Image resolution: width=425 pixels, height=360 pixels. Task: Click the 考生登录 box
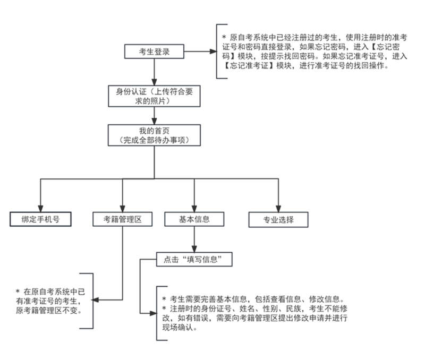tap(154, 52)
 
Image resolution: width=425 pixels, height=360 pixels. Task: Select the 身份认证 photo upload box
tap(154, 96)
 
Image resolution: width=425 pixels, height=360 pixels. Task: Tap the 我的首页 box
tap(154, 135)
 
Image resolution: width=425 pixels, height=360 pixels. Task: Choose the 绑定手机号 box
tap(41, 219)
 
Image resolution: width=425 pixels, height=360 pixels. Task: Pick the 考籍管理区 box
tap(123, 219)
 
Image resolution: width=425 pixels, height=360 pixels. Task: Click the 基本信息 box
tap(194, 219)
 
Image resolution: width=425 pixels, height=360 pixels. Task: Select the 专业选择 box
tap(278, 220)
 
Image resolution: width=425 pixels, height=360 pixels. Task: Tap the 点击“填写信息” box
tap(194, 260)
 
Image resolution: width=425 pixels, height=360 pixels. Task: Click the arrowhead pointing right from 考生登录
tap(214, 52)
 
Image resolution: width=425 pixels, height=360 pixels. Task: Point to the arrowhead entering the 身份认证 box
tap(154, 82)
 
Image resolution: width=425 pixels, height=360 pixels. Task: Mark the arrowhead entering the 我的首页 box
tap(154, 121)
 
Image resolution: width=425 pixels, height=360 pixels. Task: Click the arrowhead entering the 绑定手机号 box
tap(41, 209)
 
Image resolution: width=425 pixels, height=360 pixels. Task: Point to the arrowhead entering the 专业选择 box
tap(278, 209)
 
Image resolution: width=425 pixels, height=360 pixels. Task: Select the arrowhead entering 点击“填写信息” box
tap(194, 249)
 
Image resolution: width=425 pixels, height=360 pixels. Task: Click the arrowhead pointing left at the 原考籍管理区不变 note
tap(95, 300)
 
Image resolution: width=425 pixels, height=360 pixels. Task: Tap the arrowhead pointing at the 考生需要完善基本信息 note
tap(154, 313)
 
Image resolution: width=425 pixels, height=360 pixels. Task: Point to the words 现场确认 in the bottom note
tap(177, 328)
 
